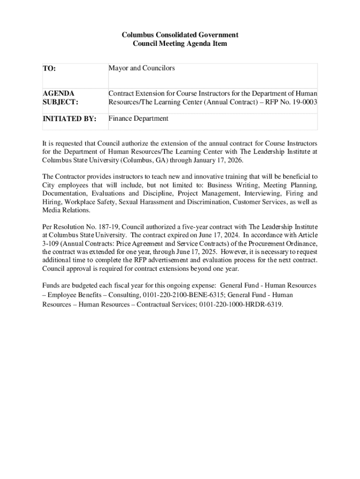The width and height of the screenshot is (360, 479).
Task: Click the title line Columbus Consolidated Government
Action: (x=180, y=35)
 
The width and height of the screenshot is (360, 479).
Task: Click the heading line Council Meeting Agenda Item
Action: (x=180, y=44)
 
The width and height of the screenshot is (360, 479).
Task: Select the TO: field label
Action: (x=50, y=69)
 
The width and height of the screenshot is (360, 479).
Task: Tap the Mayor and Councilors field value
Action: (x=142, y=68)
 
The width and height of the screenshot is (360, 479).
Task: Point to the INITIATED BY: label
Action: (x=70, y=119)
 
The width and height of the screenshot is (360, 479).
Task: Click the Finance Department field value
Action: (x=138, y=118)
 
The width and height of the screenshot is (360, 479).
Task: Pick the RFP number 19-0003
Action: (x=303, y=102)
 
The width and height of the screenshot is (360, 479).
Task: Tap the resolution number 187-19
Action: (x=108, y=227)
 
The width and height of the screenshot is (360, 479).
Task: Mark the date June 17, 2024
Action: (x=216, y=235)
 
